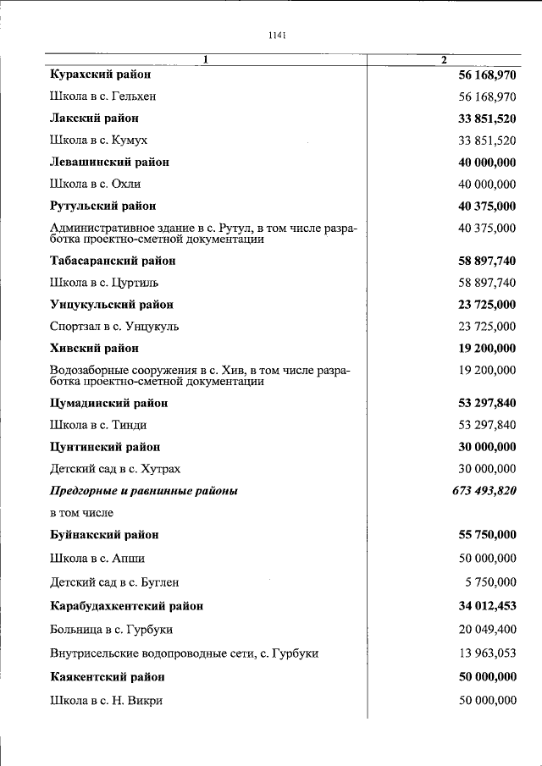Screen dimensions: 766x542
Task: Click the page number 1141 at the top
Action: click(x=277, y=35)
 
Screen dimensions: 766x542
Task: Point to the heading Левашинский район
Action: click(x=109, y=162)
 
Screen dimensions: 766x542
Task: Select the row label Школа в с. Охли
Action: click(x=96, y=184)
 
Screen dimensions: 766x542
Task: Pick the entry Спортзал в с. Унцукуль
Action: click(x=114, y=326)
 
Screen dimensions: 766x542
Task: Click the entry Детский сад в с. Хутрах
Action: click(x=115, y=468)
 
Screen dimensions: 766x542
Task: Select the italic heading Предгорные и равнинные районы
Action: click(x=143, y=490)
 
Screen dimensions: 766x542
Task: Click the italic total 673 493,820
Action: click(x=484, y=490)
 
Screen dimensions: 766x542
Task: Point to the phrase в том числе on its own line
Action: click(x=81, y=512)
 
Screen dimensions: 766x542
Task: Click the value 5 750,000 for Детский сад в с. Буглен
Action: click(x=490, y=582)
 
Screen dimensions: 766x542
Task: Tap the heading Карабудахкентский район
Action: click(x=126, y=606)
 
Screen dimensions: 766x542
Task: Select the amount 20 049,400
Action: click(x=487, y=630)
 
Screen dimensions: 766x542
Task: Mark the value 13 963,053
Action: click(x=487, y=653)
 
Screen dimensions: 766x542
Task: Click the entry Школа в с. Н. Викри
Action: click(x=106, y=700)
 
